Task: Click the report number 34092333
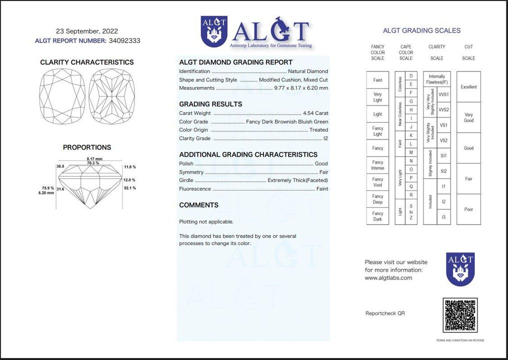[124, 41]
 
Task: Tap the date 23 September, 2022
[87, 31]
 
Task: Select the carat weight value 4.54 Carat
[315, 113]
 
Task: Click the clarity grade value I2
[325, 138]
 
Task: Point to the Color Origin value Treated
[318, 130]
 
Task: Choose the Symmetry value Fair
[323, 172]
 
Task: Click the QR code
[460, 315]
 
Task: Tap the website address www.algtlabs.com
[388, 278]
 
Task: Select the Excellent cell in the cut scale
[468, 87]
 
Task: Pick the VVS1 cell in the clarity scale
[443, 94]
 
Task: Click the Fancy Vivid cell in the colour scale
[377, 182]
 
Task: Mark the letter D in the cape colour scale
[411, 76]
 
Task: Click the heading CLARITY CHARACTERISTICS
[87, 62]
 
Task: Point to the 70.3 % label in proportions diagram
[93, 163]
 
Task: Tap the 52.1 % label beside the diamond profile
[130, 188]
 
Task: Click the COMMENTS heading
[198, 205]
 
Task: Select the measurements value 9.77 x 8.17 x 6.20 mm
[301, 88]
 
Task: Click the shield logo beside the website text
[460, 269]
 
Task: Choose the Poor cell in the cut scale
[468, 209]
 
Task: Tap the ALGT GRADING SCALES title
[421, 30]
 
